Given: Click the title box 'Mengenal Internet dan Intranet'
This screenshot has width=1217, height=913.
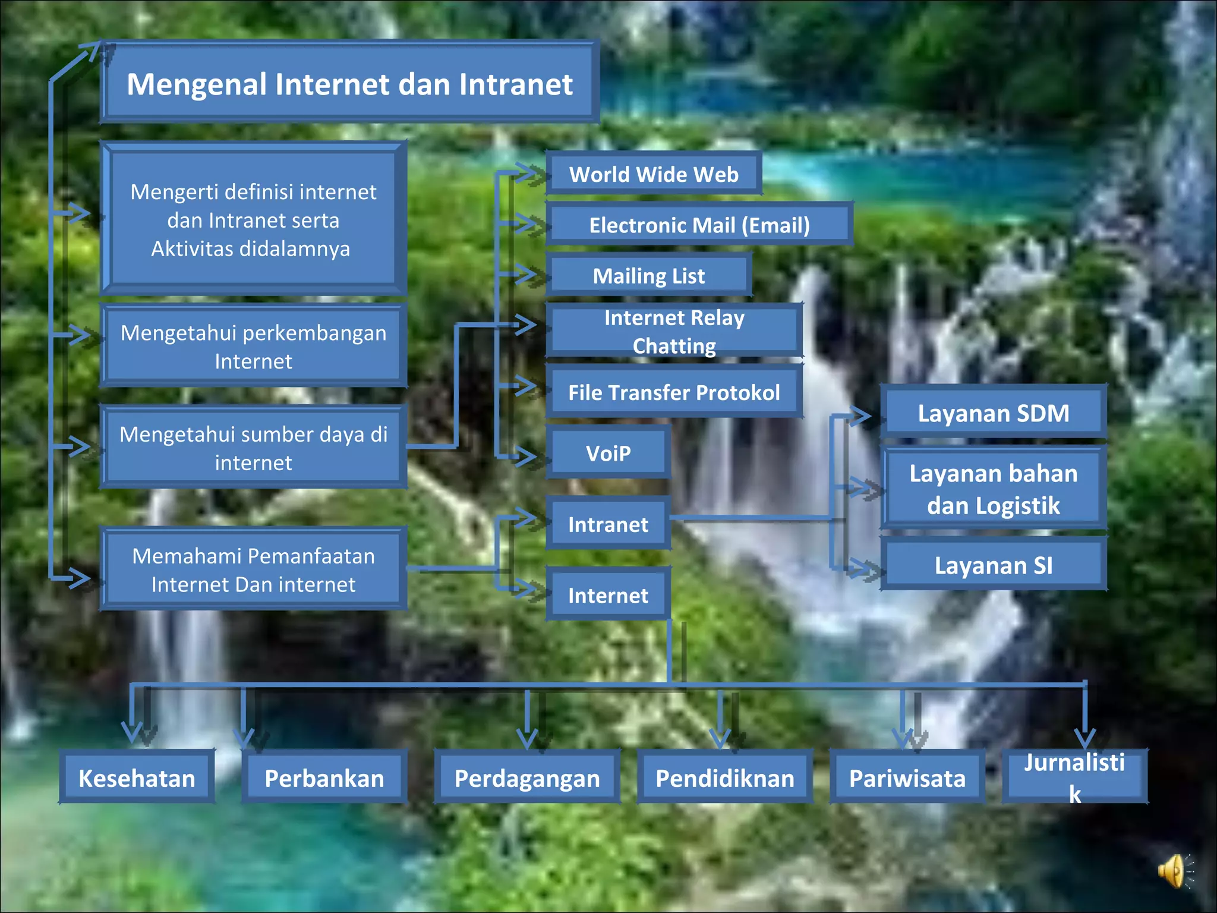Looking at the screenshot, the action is [349, 83].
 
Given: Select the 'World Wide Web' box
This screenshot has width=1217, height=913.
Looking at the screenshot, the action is [654, 174].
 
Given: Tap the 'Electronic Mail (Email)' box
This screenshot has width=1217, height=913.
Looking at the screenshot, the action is [699, 225].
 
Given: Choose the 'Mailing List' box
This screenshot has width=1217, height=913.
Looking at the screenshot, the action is [649, 276].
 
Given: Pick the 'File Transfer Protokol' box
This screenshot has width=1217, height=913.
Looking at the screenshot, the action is [674, 392].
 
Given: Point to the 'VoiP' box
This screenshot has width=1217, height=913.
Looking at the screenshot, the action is [608, 453].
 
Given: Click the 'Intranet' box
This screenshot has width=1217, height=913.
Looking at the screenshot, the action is [608, 524].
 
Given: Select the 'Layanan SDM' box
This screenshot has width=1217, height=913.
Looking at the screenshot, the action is [993, 413].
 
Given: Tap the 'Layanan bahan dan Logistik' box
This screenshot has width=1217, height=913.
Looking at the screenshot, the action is [993, 489].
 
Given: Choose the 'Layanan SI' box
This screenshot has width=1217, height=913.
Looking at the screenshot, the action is [993, 565].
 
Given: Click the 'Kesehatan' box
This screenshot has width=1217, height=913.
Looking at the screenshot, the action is [137, 777].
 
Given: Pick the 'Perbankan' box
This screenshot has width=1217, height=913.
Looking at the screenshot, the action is [324, 777].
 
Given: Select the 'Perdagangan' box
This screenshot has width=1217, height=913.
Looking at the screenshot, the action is [527, 777].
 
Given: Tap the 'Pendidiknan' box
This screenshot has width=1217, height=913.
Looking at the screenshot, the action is [725, 777].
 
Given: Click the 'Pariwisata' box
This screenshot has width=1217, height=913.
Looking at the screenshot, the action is [907, 777].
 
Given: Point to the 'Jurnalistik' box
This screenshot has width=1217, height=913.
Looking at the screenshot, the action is [1074, 776].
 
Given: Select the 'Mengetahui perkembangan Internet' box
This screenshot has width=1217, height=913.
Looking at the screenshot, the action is [254, 347].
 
